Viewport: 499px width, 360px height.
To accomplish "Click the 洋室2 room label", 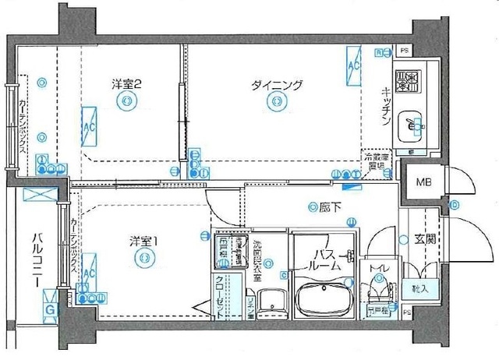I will [124, 83].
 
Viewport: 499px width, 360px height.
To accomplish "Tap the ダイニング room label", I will [276, 85].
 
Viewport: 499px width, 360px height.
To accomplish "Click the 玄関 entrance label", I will [425, 240].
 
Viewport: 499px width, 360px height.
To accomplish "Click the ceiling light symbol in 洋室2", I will [127, 101].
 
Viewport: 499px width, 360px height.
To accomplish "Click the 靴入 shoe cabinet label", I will [419, 288].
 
